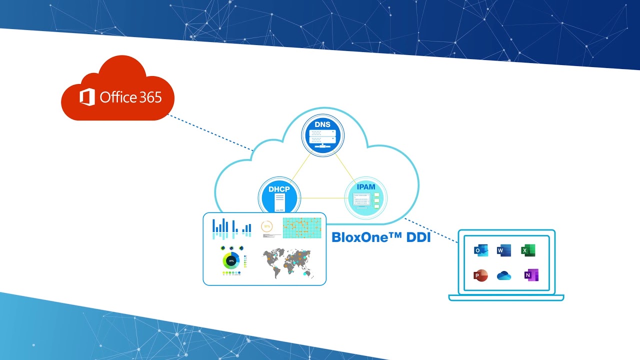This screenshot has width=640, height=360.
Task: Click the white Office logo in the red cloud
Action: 87,97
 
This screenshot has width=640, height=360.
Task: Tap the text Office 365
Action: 130,97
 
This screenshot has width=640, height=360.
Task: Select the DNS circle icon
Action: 323,135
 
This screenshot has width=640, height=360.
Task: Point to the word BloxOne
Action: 360,237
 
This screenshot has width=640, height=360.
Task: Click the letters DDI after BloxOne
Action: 418,237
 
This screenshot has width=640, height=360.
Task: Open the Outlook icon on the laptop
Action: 481,250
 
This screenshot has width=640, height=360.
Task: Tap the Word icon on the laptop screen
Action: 504,250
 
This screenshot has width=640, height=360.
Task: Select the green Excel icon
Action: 528,250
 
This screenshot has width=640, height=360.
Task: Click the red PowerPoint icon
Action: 480,275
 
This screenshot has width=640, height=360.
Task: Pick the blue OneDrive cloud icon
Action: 504,276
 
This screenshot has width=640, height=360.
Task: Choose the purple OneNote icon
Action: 531,275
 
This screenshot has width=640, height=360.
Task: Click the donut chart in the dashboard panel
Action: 231,261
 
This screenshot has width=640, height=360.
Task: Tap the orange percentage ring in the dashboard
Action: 267,226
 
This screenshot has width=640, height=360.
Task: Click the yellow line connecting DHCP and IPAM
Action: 322,198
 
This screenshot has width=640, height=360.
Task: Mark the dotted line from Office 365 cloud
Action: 210,132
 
